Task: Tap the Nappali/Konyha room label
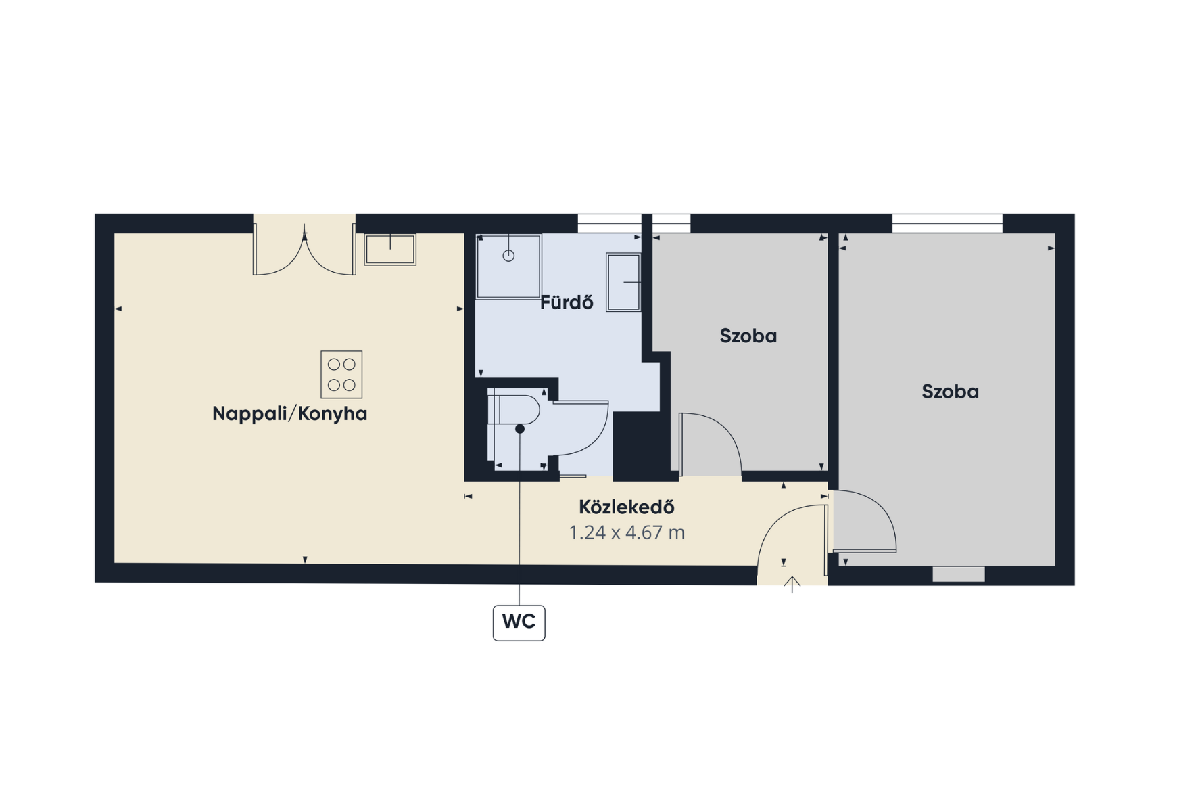click(289, 413)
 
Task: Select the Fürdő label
click(567, 302)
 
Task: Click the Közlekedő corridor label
click(627, 507)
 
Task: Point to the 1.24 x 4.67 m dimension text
click(627, 532)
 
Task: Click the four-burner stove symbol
click(341, 374)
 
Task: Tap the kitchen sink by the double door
click(390, 250)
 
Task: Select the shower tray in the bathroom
click(509, 267)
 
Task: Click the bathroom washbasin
click(623, 282)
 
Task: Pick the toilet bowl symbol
click(513, 410)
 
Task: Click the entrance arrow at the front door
click(792, 585)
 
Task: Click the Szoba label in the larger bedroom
click(950, 392)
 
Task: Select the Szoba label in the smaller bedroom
click(748, 336)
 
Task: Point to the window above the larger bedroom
click(947, 223)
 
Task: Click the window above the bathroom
click(609, 223)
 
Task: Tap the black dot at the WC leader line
click(519, 429)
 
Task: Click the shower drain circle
click(508, 256)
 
